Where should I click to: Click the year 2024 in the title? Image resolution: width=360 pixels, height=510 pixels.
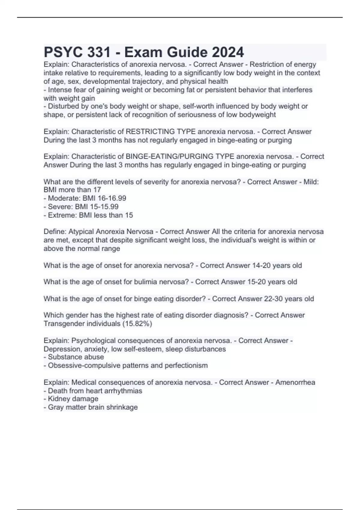(x=228, y=52)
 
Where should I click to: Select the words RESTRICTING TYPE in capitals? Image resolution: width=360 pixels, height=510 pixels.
(x=161, y=132)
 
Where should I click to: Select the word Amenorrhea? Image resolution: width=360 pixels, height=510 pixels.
(x=295, y=382)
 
